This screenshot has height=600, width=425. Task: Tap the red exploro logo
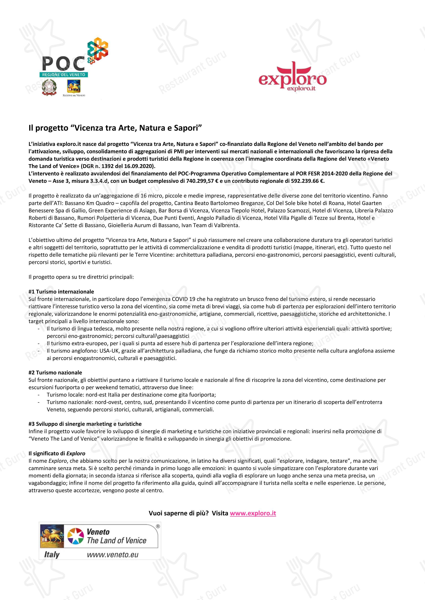tap(293, 78)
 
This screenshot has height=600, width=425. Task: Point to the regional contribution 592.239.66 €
tap(307, 181)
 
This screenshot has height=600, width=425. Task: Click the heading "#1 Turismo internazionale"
tap(61, 291)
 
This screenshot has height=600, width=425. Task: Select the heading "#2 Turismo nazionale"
tap(55, 372)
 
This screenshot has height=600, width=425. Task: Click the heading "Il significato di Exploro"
tap(57, 453)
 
